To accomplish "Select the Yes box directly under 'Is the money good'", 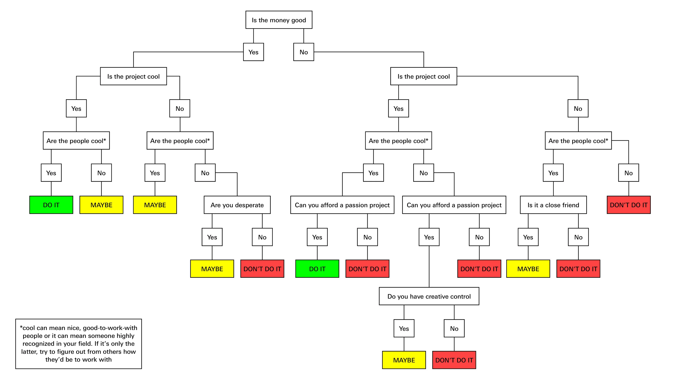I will coord(253,52).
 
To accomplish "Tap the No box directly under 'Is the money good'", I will coord(304,52).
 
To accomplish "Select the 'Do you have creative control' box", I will coord(429,296).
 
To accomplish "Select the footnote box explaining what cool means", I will coord(78,344).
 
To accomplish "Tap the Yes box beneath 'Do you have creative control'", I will coord(404,328).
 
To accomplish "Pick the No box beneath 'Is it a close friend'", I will coord(578,237).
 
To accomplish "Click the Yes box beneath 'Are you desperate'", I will coord(212,237).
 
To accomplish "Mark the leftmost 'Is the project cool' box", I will coord(133,76).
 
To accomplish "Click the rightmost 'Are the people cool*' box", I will coord(578,141).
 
